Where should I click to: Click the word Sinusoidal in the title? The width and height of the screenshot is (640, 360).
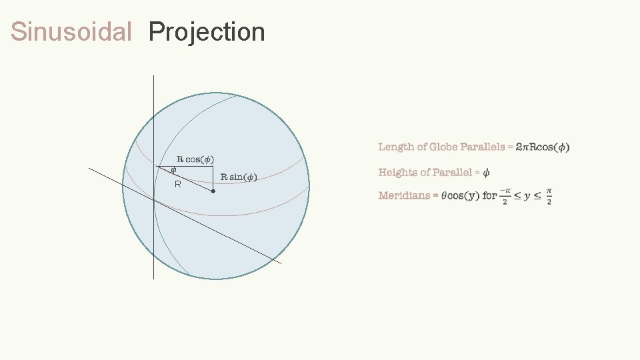tap(71, 32)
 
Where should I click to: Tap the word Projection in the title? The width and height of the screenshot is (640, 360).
tap(207, 32)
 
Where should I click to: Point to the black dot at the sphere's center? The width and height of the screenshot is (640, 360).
tap(213, 191)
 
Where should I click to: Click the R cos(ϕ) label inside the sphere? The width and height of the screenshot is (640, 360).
tap(195, 159)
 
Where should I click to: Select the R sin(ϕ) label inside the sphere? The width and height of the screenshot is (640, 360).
tap(239, 177)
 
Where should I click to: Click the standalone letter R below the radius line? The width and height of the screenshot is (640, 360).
tap(177, 184)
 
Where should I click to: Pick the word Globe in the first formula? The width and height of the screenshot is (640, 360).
tap(443, 147)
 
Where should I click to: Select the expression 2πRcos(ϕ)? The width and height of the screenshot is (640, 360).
tap(543, 147)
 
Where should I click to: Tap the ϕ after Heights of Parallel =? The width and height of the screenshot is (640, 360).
tap(486, 173)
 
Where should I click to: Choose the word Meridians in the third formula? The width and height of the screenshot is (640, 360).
tap(403, 195)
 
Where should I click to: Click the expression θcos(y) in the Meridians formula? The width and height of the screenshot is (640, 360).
tap(461, 195)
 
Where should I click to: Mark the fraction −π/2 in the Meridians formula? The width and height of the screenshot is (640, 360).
tap(505, 196)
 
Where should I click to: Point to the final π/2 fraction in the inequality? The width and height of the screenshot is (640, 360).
tap(549, 196)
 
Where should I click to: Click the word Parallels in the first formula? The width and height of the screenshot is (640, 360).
tap(483, 147)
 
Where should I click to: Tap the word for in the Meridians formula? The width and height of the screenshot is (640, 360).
tap(490, 195)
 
